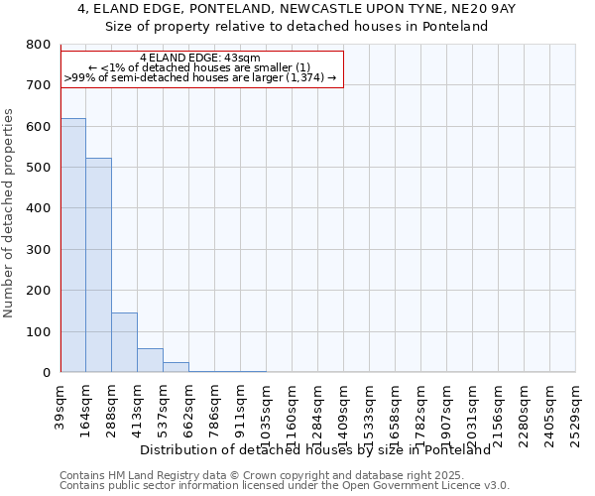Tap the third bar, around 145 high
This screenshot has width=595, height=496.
tap(124, 342)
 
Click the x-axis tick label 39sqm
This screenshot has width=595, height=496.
tap(60, 405)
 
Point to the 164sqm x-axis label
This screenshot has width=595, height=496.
tap(86, 408)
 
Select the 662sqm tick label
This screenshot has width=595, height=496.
tap(189, 408)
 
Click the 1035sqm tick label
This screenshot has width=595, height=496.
tap(266, 411)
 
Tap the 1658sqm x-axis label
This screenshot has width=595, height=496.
tap(395, 411)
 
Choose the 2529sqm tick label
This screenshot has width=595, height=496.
tap(575, 411)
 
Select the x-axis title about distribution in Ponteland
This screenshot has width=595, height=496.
tap(315, 449)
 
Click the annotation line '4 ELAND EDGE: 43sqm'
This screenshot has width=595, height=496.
tap(200, 58)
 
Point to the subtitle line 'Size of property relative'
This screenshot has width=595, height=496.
tap(297, 26)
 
